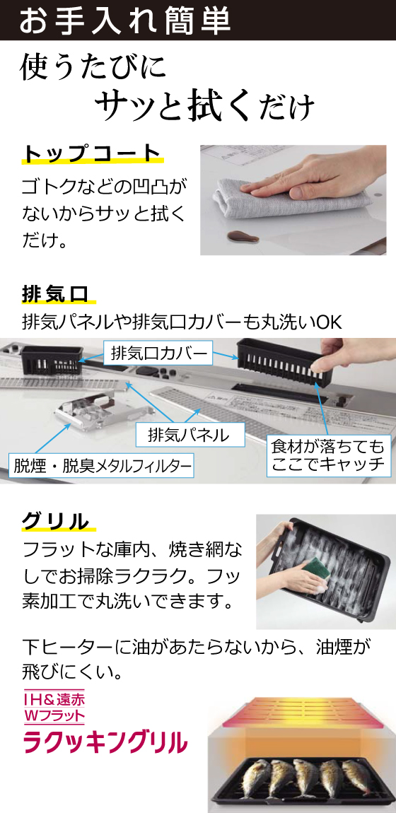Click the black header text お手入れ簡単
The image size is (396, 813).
tap(124, 21)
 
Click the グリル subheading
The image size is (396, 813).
tap(56, 521)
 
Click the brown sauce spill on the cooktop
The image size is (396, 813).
tap(244, 236)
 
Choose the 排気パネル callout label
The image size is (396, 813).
tap(190, 435)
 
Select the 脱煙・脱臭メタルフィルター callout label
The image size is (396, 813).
tap(101, 467)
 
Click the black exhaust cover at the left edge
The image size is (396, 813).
tap(51, 358)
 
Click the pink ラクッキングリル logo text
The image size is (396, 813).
tap(106, 742)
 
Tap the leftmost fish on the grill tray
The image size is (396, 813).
tap(250, 775)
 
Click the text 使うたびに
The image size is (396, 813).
tap(93, 69)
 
